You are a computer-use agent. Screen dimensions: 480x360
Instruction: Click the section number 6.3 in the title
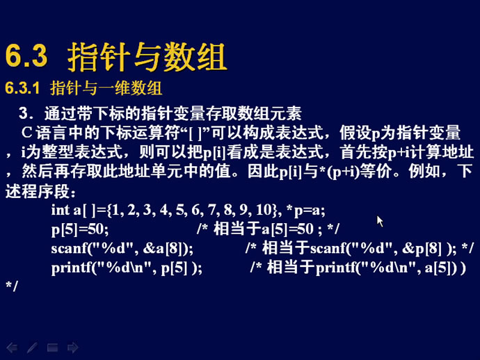click(26, 56)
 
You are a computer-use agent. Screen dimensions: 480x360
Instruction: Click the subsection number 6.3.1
click(22, 88)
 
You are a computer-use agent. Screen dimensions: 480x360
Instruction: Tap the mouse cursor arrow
click(380, 221)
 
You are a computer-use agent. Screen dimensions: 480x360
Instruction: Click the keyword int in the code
click(61, 210)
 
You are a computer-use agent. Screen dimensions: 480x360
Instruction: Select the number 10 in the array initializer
click(263, 210)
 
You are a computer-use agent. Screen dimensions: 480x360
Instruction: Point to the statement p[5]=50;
click(80, 229)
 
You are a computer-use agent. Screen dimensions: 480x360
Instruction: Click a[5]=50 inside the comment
click(287, 229)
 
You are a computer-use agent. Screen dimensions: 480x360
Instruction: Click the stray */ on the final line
click(12, 286)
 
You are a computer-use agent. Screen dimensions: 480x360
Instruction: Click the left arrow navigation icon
click(12, 347)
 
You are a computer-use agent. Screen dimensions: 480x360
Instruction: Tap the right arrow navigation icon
click(72, 347)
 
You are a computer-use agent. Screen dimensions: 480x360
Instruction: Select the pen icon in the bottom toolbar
click(32, 347)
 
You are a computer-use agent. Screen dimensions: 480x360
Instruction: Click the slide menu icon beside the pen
click(52, 347)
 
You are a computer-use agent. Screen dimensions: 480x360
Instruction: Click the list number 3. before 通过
click(26, 113)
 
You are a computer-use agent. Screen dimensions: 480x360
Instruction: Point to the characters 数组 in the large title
click(195, 57)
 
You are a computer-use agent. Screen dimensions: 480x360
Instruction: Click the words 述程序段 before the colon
click(38, 192)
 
